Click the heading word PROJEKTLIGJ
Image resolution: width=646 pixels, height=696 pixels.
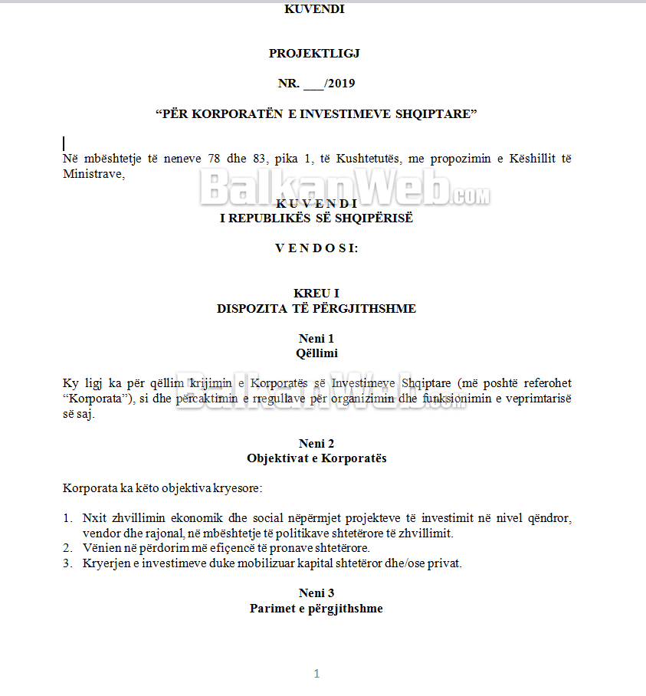tap(314, 53)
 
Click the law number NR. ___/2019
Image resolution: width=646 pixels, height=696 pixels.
tap(316, 84)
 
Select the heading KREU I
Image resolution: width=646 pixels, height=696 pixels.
tap(316, 294)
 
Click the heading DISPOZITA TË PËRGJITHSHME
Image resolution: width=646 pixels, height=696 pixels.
tap(316, 308)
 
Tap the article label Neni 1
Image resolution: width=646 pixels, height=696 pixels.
tap(316, 338)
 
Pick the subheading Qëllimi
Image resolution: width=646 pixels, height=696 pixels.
tap(316, 353)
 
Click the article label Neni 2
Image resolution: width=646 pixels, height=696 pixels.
tap(316, 443)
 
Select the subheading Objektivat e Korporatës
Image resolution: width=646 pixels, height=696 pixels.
tap(316, 458)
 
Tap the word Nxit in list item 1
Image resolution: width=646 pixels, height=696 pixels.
tap(93, 518)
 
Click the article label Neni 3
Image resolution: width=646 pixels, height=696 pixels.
tap(316, 593)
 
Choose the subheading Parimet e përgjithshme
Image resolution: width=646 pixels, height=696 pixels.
tap(316, 608)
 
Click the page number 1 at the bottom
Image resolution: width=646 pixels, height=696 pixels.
tap(316, 674)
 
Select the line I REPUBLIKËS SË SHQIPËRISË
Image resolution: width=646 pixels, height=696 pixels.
tap(316, 218)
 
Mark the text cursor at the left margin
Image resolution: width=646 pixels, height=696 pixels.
tap(64, 143)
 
